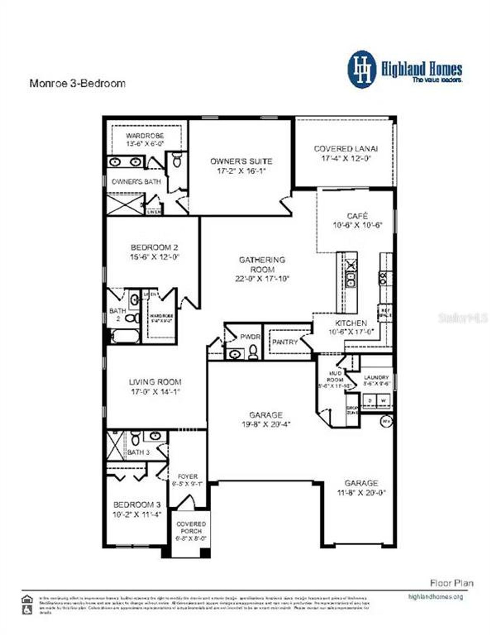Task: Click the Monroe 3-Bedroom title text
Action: pos(77,83)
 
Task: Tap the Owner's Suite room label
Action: pos(241,161)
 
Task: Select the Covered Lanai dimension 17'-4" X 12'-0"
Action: pos(346,159)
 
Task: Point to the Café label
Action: pos(358,216)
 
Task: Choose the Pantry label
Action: pos(284,342)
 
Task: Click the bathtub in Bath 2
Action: pos(124,337)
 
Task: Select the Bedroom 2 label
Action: pos(154,247)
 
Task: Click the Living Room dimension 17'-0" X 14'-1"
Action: pos(155,392)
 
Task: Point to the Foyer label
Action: pos(188,476)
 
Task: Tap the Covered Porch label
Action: pos(191,527)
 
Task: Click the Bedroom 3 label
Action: pos(137,505)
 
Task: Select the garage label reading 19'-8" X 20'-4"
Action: pos(266,424)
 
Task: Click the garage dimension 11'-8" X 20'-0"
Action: pos(361,493)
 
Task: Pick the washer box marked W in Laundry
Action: pos(383,401)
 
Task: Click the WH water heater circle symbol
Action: pos(386,421)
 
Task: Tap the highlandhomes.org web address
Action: pos(436,596)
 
